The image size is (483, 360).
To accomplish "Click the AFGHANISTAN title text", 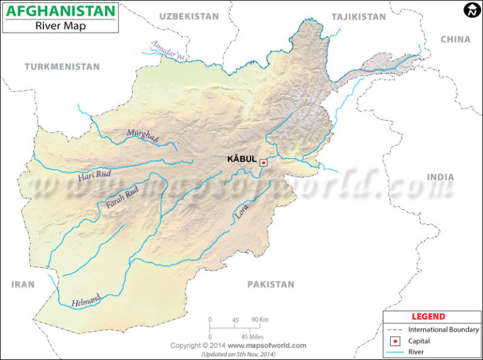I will click(x=60, y=11).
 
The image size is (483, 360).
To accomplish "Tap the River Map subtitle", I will click(x=60, y=26).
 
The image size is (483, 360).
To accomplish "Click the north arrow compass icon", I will click(x=472, y=9).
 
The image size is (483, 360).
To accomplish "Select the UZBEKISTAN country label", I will click(x=189, y=16).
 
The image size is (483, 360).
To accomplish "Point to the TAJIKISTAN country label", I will click(x=358, y=17).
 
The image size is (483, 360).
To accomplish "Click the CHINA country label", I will click(x=455, y=39).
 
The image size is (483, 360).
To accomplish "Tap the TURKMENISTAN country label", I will click(x=62, y=67).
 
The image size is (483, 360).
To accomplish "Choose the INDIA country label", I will click(x=440, y=177).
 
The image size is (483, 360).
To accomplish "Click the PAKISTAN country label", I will click(x=270, y=284).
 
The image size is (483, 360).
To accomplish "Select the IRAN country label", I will click(x=23, y=284).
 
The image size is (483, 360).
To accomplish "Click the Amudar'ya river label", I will click(x=168, y=50).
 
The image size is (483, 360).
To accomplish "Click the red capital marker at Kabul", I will click(x=264, y=162).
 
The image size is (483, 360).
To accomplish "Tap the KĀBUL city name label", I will click(x=241, y=159).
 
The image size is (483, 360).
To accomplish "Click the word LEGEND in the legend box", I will click(x=428, y=317).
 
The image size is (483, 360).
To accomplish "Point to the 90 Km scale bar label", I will click(x=259, y=319).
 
